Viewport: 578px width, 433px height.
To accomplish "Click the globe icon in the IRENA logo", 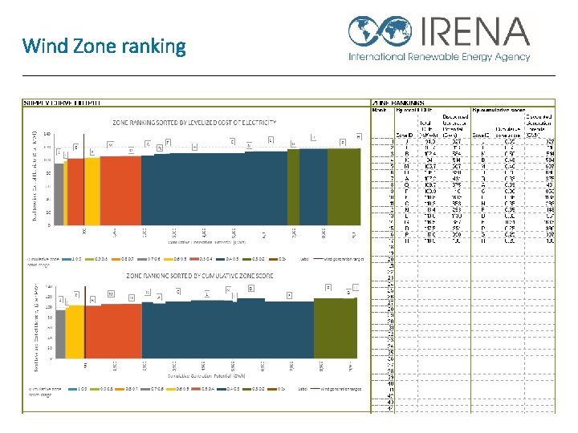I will pos(366,31).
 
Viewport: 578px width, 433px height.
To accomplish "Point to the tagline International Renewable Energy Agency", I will pos(439,57).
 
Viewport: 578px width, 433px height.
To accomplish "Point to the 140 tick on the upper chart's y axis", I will pos(47,134).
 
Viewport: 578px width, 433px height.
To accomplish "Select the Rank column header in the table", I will pos(379,111).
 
